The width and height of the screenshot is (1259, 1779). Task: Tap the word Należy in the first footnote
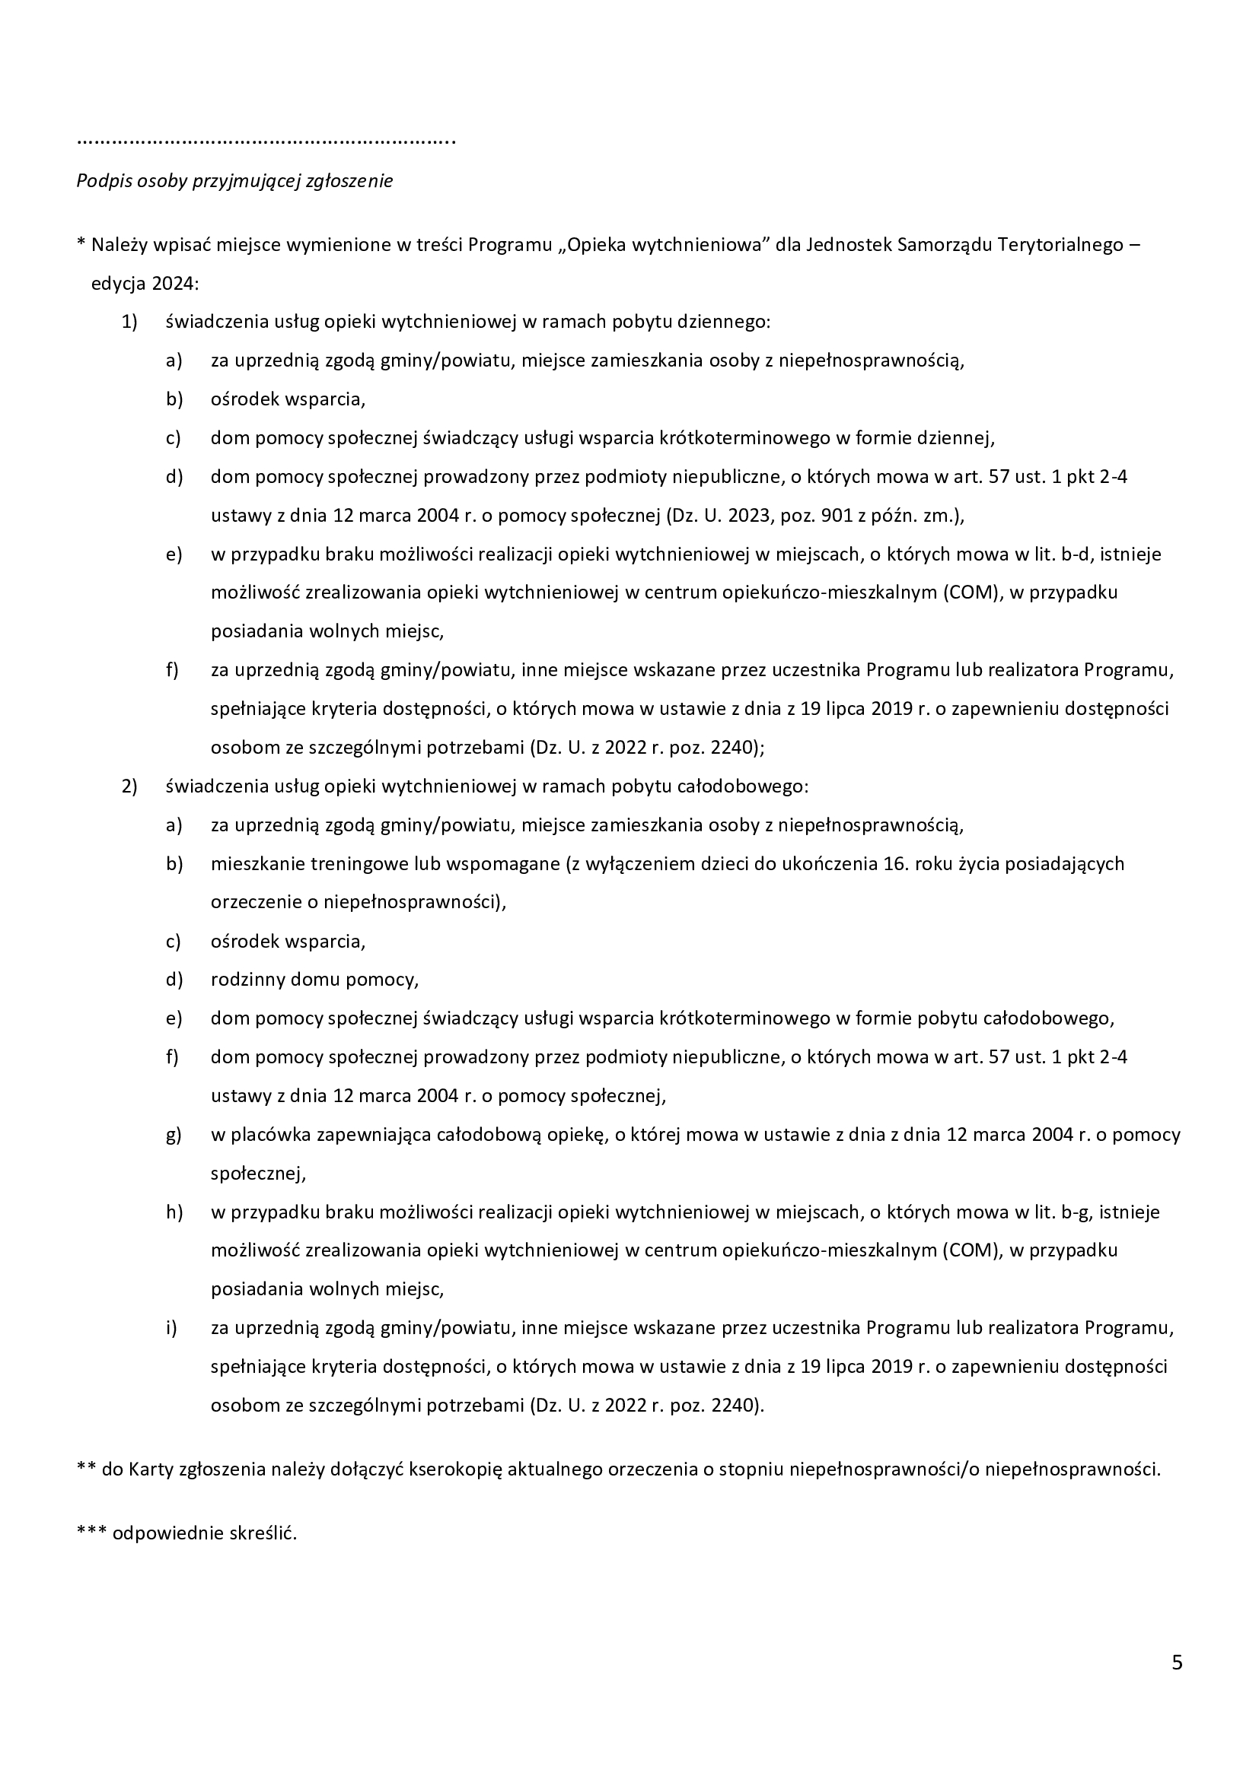(120, 246)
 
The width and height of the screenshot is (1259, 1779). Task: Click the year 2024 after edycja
(174, 284)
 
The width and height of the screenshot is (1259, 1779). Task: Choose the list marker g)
(174, 1135)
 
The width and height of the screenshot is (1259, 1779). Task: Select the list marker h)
(174, 1212)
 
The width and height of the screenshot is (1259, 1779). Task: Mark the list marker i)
(171, 1328)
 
